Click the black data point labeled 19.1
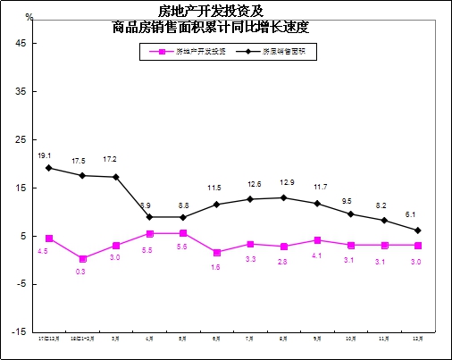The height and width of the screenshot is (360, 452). pyautogui.click(x=49, y=168)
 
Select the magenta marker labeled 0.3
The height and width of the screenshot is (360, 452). pyautogui.click(x=82, y=258)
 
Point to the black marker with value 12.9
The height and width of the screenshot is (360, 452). pyautogui.click(x=283, y=197)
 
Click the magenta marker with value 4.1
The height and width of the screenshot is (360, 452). pyautogui.click(x=317, y=240)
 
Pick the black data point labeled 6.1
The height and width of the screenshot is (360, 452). pyautogui.click(x=417, y=230)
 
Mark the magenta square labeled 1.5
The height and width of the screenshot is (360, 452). pyautogui.click(x=217, y=253)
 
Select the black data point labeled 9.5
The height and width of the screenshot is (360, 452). pyautogui.click(x=350, y=214)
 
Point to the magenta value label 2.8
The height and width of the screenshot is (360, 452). pyautogui.click(x=282, y=262)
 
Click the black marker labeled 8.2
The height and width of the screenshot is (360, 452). pyautogui.click(x=384, y=220)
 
